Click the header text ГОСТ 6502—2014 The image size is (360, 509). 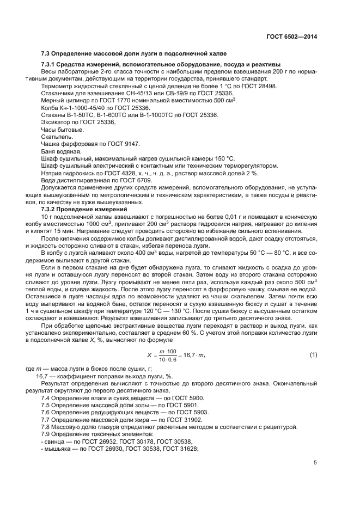click(291, 36)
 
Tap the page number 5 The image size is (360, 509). click(315, 463)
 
